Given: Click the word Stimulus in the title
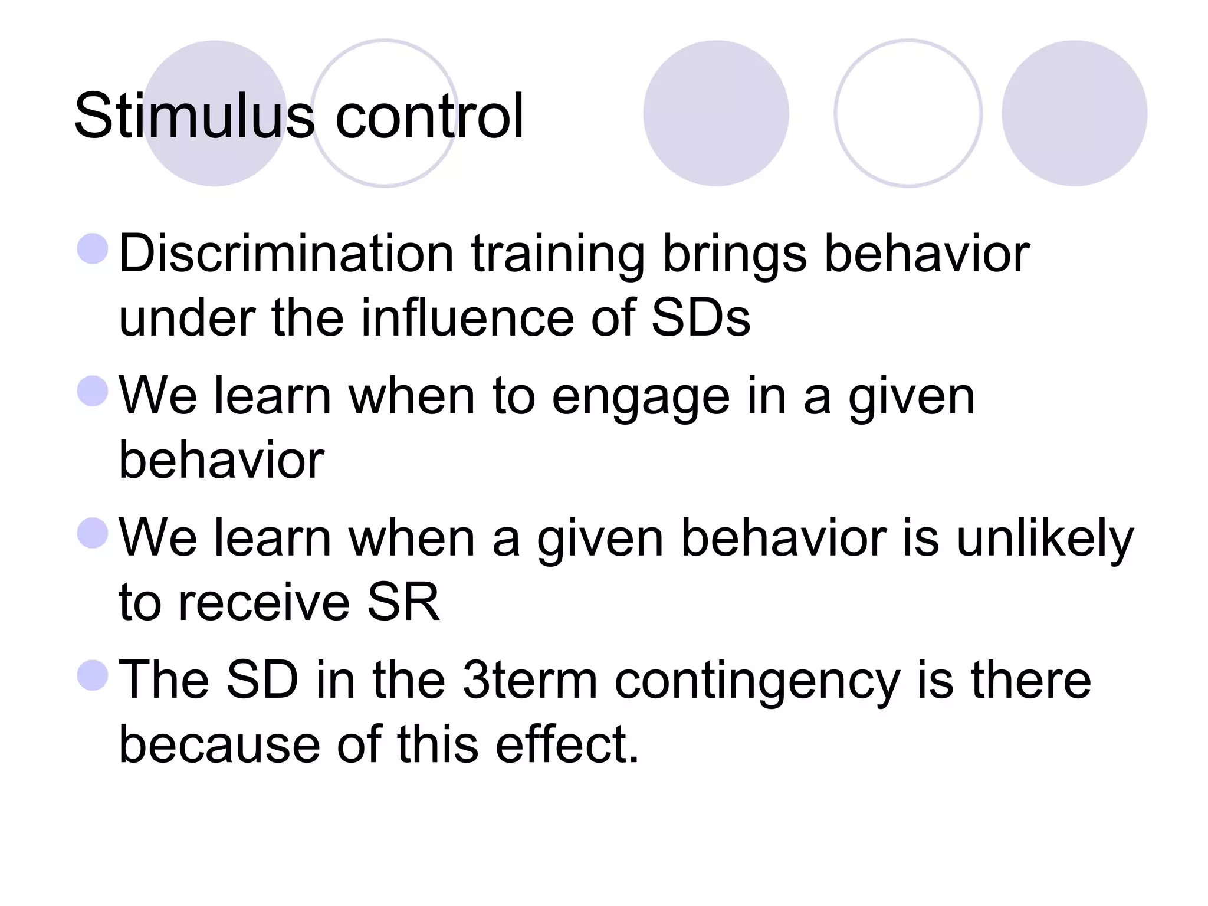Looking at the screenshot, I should point(194,116).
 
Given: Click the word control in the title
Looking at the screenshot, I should point(429,116).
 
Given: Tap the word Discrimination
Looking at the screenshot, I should point(286,254).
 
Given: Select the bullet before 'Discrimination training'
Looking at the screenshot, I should point(93,248).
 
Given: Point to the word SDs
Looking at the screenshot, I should point(701,319).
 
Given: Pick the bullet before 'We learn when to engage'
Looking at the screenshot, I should point(93,390).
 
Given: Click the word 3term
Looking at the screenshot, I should point(530,681).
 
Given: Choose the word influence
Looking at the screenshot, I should point(467,319).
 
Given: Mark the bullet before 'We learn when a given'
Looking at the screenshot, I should point(93,533).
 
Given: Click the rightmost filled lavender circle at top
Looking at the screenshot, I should point(1074,113).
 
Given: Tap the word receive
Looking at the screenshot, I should point(264,603).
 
